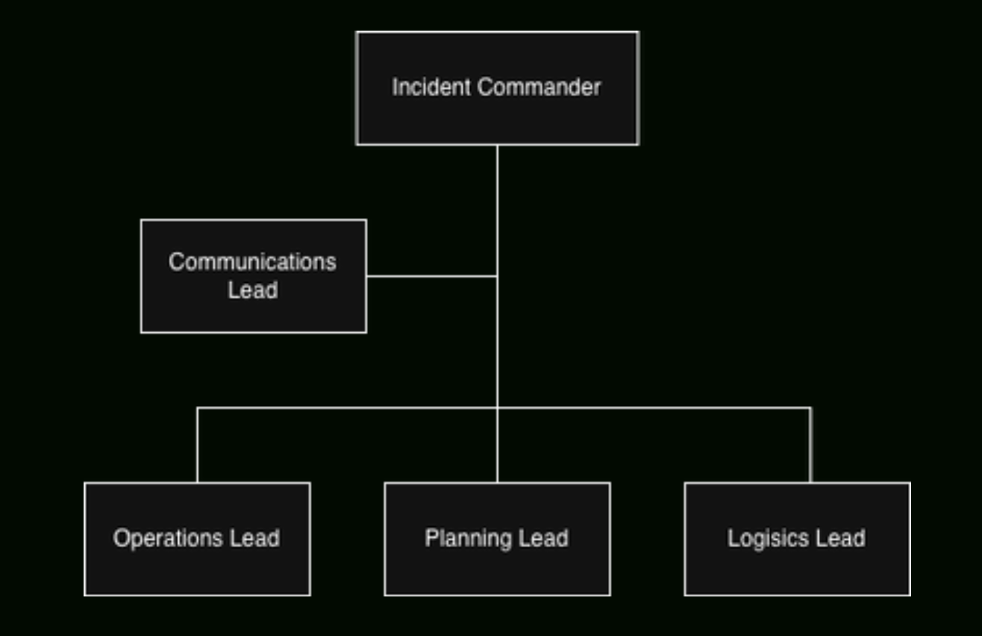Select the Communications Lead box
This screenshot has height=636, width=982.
click(x=253, y=310)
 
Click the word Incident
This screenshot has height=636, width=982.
click(x=431, y=87)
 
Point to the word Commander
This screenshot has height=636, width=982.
click(x=539, y=87)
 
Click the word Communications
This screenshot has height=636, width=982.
click(x=252, y=262)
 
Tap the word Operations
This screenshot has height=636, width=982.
click(x=167, y=538)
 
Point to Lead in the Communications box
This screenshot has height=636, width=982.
click(x=252, y=290)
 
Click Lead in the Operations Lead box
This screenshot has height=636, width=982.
click(x=255, y=538)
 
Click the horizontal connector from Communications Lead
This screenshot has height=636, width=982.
click(x=431, y=276)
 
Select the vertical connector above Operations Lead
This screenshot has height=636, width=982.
click(x=198, y=445)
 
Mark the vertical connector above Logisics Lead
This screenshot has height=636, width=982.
click(x=810, y=445)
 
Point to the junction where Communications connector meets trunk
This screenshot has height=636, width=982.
click(x=497, y=276)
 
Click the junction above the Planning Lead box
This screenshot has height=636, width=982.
click(x=497, y=408)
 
